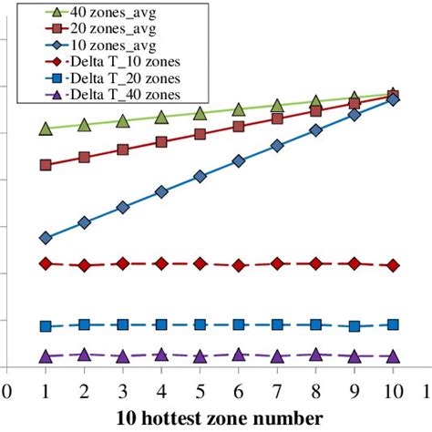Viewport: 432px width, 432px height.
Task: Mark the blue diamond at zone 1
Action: click(x=46, y=238)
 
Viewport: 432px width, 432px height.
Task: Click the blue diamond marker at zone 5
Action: click(x=200, y=177)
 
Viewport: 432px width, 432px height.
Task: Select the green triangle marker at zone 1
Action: click(x=46, y=129)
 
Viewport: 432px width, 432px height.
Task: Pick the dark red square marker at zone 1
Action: click(x=46, y=165)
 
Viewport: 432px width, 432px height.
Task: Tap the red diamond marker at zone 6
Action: click(x=239, y=265)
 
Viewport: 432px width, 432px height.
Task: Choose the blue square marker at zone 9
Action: click(x=355, y=325)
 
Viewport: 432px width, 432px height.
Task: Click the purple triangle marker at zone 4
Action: click(x=161, y=355)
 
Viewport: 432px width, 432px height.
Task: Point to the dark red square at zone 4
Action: click(x=161, y=142)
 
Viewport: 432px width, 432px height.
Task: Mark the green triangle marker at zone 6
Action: click(x=239, y=109)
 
